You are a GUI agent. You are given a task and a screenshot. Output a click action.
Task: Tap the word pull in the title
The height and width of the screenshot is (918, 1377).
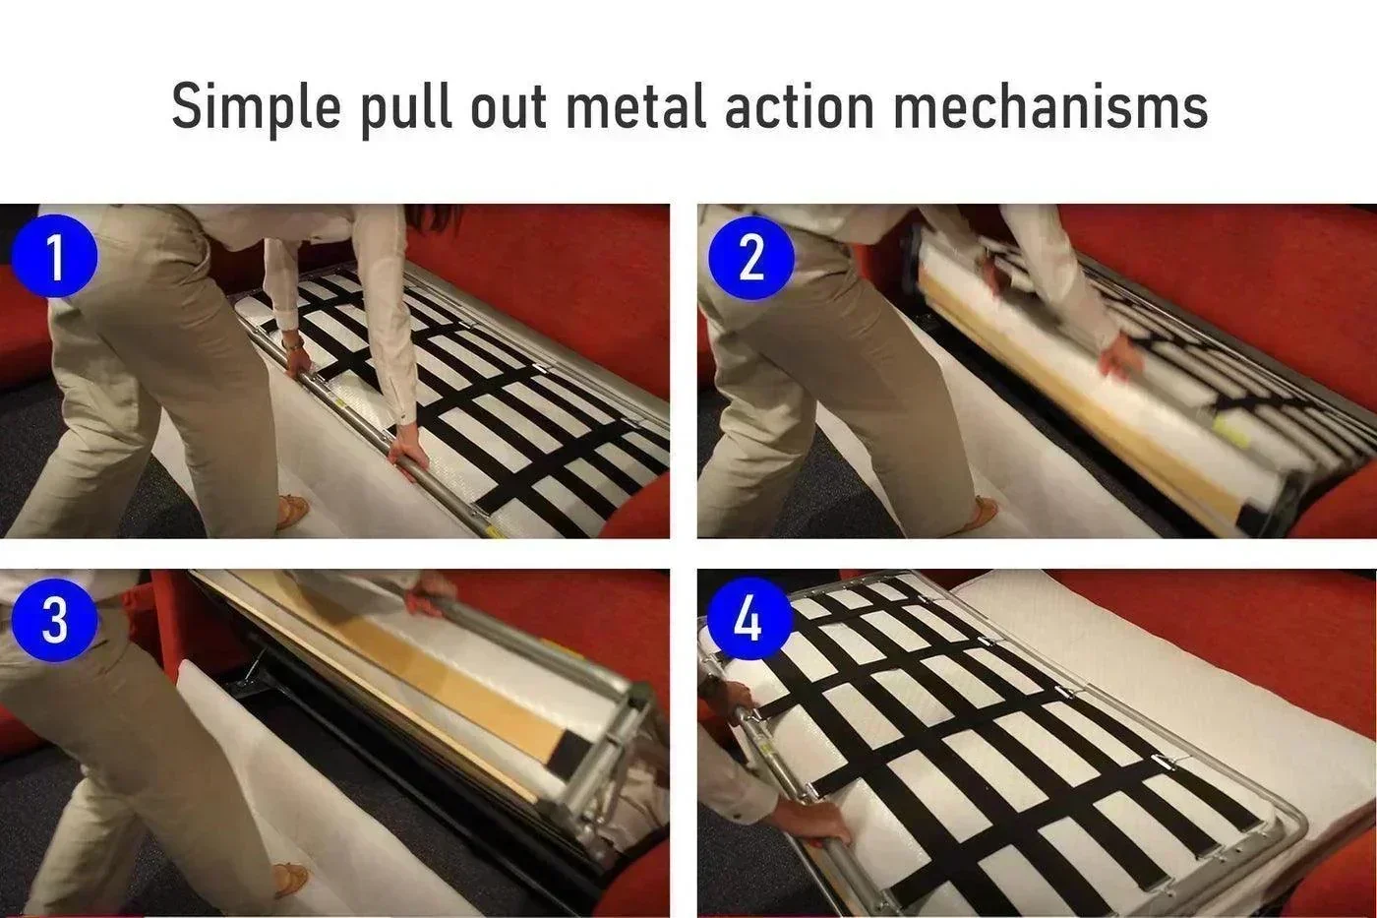click(x=405, y=109)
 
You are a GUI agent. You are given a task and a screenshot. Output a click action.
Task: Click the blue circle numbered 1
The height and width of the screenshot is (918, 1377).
click(x=55, y=256)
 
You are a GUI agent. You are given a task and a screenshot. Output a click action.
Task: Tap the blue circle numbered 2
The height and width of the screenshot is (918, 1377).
click(x=751, y=257)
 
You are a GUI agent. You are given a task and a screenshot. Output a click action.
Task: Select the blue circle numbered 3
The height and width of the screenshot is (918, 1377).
click(x=55, y=620)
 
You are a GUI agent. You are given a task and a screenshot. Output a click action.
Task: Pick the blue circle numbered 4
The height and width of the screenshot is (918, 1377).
click(x=748, y=619)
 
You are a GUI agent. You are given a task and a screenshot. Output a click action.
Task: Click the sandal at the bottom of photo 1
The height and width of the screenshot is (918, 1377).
click(x=292, y=510)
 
